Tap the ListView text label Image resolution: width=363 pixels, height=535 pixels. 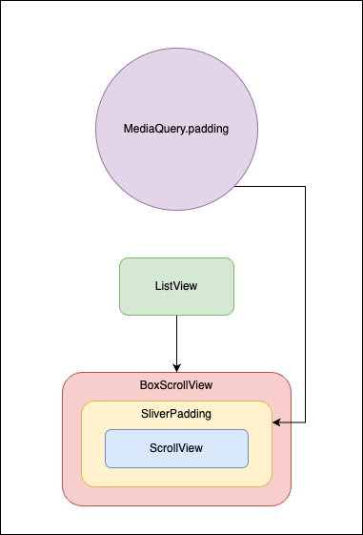pyautogui.click(x=176, y=286)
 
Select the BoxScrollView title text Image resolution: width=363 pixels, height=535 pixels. pyautogui.click(x=176, y=385)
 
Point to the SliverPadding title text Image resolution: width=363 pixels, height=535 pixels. pyautogui.click(x=176, y=414)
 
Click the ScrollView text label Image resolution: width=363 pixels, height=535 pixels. pyautogui.click(x=176, y=448)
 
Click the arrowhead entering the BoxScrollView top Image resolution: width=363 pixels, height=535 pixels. pyautogui.click(x=176, y=367)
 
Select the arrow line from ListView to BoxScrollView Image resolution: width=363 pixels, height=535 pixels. pyautogui.click(x=176, y=339)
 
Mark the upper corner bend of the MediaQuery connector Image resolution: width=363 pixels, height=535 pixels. pyautogui.click(x=305, y=187)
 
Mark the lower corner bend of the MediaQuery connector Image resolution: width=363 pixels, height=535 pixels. pyautogui.click(x=305, y=421)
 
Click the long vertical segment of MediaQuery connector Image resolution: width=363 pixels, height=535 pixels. pyautogui.click(x=305, y=305)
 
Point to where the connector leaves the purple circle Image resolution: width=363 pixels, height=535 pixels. pyautogui.click(x=234, y=187)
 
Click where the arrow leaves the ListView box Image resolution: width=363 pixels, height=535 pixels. pyautogui.click(x=176, y=316)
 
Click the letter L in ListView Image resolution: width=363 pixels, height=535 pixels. pyautogui.click(x=156, y=286)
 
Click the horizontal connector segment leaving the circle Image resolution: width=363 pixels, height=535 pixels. pyautogui.click(x=272, y=187)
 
